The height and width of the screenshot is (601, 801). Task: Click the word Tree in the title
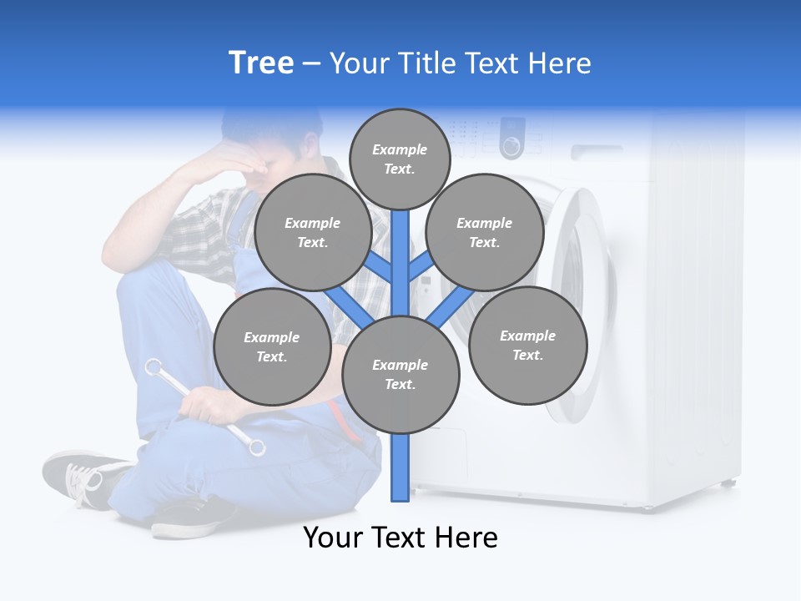click(x=261, y=63)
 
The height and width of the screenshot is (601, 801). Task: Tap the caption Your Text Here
click(x=400, y=538)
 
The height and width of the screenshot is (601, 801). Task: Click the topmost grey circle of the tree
click(x=400, y=159)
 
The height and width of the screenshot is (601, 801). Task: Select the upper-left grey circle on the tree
click(x=312, y=232)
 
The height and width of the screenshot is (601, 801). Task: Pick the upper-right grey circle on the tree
click(x=484, y=232)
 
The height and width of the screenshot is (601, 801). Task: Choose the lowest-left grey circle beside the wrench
click(x=271, y=346)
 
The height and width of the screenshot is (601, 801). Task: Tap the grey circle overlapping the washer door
click(x=527, y=345)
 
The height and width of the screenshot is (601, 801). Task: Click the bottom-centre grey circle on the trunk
click(x=400, y=374)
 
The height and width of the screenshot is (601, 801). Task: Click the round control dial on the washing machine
click(x=511, y=146)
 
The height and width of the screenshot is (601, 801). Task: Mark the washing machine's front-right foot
click(x=728, y=482)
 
